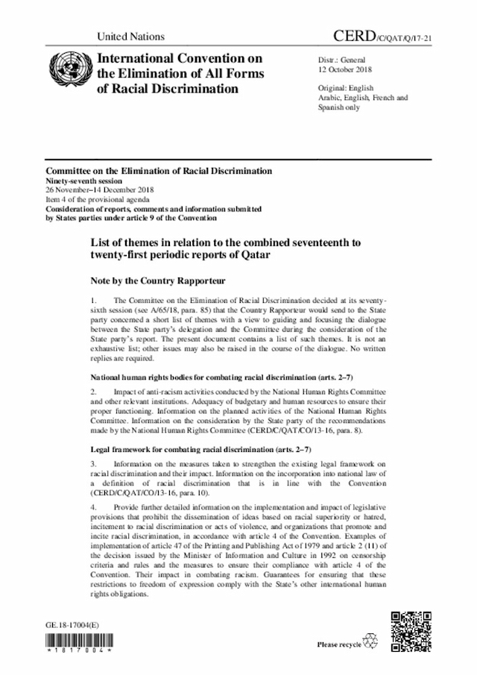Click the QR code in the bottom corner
click(411, 630)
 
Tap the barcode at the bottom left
click(78, 642)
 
